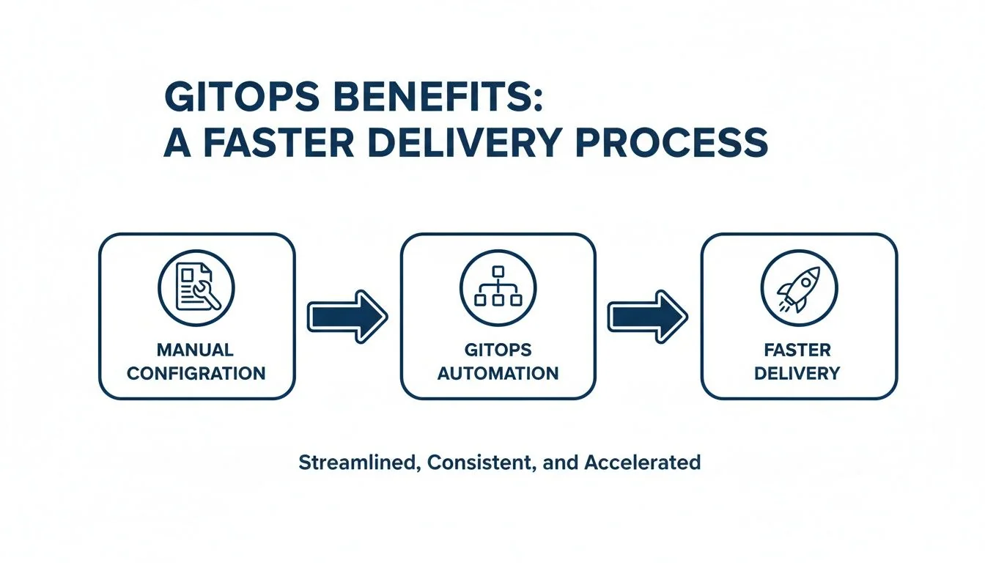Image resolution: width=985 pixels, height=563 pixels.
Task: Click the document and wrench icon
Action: tap(196, 287)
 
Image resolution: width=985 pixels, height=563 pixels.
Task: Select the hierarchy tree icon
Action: tap(498, 287)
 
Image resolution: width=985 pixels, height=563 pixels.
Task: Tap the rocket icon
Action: tap(798, 287)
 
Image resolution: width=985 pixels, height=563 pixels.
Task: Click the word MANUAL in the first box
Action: tap(196, 350)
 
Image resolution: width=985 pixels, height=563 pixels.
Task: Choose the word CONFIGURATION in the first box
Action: tap(196, 373)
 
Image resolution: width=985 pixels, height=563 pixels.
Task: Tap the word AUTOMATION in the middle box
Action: tap(498, 373)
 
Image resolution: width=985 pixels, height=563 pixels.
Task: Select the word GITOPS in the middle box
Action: tap(498, 350)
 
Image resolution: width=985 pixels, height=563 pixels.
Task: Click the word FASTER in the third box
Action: tap(798, 350)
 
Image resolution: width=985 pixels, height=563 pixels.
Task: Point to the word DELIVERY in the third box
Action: tap(798, 373)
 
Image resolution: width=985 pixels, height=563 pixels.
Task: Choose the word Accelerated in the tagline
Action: tap(642, 463)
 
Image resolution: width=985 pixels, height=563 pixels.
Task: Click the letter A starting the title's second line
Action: tap(177, 143)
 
